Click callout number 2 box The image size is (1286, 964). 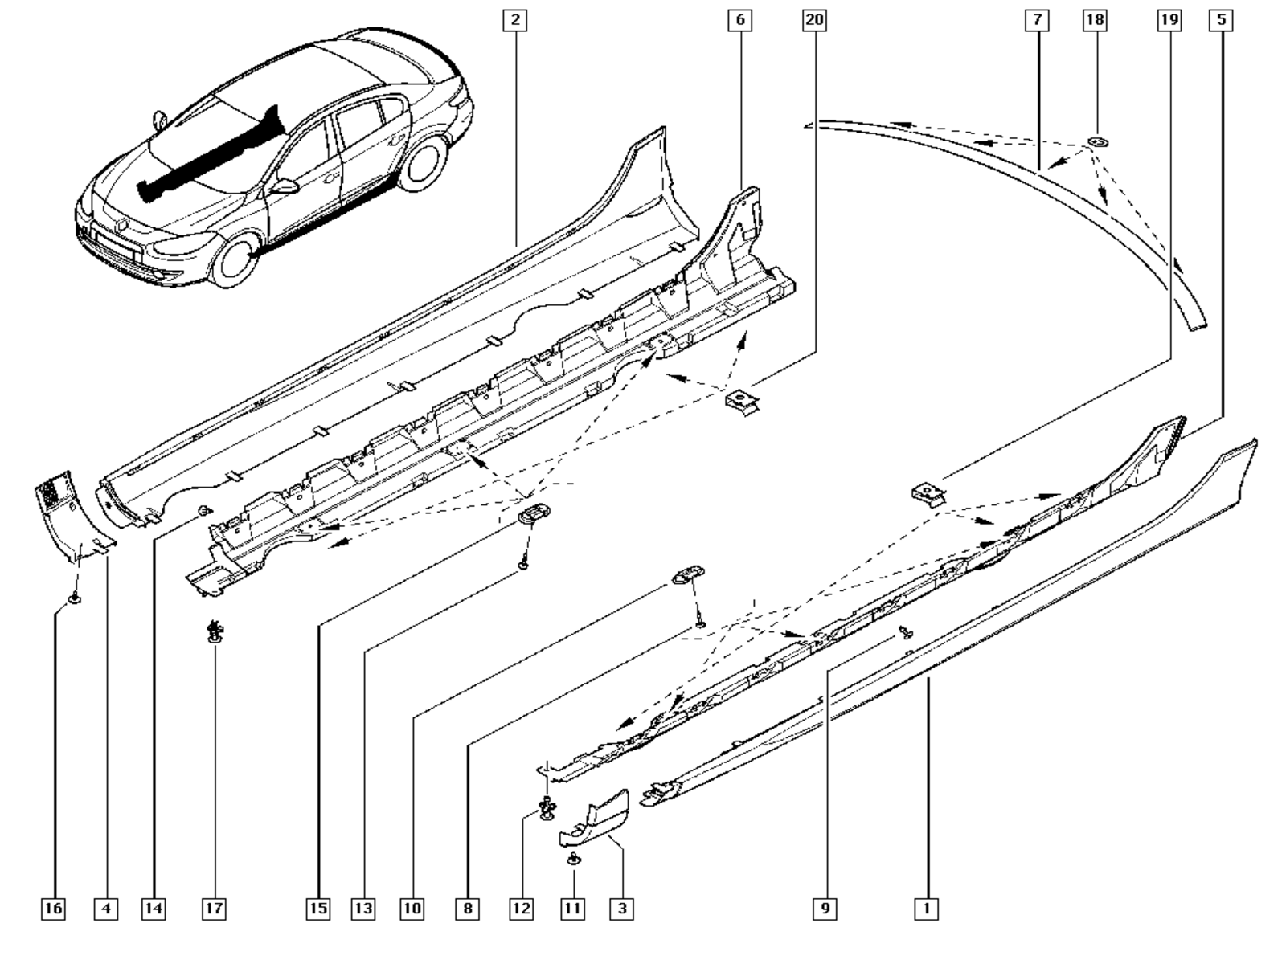pyautogui.click(x=515, y=20)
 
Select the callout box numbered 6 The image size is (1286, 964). pyautogui.click(x=739, y=20)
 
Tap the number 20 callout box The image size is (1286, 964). pyautogui.click(x=814, y=20)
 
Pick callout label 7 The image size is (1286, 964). pyautogui.click(x=1037, y=20)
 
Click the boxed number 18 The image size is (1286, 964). pyautogui.click(x=1094, y=20)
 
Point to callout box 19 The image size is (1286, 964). pyautogui.click(x=1169, y=20)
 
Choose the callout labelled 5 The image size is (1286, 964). pyautogui.click(x=1221, y=20)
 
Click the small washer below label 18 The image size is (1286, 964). pyautogui.click(x=1097, y=142)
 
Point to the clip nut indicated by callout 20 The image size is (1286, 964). pyautogui.click(x=739, y=401)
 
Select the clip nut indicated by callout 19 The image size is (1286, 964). pyautogui.click(x=926, y=492)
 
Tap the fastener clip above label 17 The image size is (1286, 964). pyautogui.click(x=214, y=632)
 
